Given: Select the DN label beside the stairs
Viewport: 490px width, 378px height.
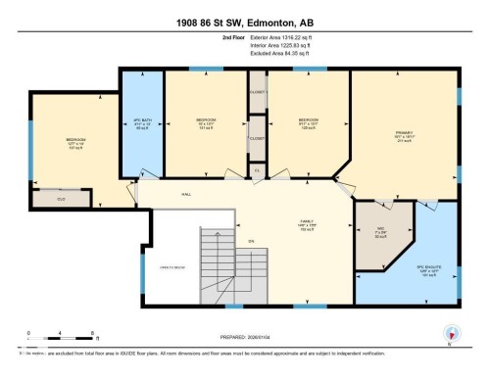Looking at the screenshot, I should pyautogui.click(x=251, y=241).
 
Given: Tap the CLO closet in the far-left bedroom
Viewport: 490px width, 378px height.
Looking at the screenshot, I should pyautogui.click(x=47, y=198).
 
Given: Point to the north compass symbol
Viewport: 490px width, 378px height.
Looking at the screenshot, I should pyautogui.click(x=450, y=333).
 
